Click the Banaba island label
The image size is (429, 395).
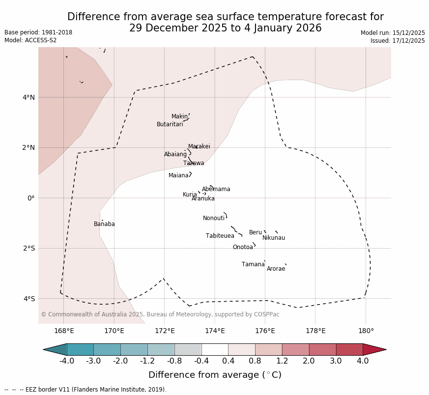point(104,224)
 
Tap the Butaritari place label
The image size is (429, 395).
point(170,124)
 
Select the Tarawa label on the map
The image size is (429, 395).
point(194,163)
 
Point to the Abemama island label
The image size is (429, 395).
point(216,189)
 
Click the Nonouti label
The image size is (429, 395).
point(214,218)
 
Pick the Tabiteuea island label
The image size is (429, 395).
point(220,236)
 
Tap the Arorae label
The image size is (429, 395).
point(276,269)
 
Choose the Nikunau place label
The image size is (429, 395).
point(273,238)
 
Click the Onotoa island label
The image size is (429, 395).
point(243,247)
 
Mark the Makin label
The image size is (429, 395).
point(179,116)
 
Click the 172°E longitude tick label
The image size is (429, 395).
point(165,331)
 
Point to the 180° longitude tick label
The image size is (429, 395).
point(366,331)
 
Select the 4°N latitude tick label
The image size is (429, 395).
point(29,97)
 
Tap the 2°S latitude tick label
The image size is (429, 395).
point(29,248)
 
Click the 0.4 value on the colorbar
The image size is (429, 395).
point(228,361)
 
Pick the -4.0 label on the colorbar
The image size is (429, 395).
point(67,361)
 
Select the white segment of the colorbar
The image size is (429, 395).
point(215,349)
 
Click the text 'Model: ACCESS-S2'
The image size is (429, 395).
point(30,40)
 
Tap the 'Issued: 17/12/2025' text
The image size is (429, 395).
point(398,41)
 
